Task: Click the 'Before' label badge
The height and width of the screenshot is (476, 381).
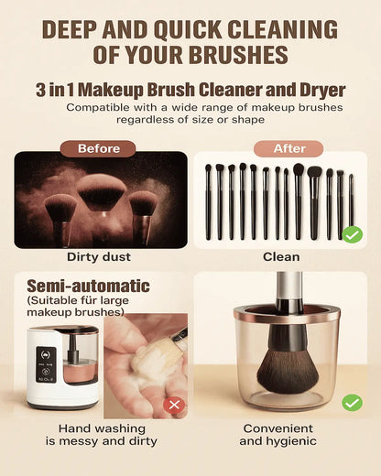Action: point(98,148)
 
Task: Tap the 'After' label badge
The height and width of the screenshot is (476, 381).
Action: point(288,148)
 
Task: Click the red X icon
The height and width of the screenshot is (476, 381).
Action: point(174,405)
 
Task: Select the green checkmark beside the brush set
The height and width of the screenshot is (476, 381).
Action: point(353,234)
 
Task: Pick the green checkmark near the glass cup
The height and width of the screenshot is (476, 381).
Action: point(353,403)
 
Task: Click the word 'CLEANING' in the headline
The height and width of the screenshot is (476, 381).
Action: point(283,29)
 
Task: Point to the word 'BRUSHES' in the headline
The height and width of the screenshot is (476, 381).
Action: point(238,54)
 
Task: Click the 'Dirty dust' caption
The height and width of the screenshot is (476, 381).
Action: point(99,257)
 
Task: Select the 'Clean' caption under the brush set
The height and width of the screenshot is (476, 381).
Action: point(281,257)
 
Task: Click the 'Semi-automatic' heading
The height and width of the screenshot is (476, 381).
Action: point(88,286)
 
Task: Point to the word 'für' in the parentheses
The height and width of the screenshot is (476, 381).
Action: point(90,300)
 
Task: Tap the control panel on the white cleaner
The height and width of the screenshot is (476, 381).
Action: point(46,364)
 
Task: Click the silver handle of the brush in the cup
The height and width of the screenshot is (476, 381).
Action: point(289,286)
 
